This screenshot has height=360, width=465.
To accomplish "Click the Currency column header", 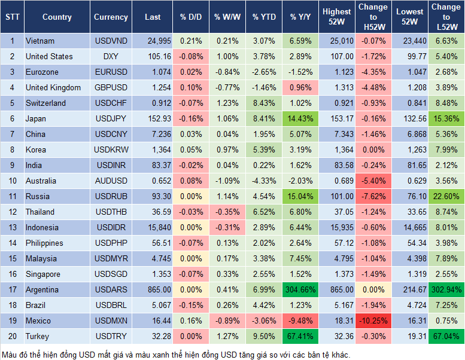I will pos(111,17).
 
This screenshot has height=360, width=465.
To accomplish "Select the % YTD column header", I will pos(264,17).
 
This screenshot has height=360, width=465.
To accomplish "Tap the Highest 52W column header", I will pos(336,17).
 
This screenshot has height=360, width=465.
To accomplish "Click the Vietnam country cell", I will pos(40,41).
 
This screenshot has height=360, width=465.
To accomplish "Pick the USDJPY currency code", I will pos(110,119).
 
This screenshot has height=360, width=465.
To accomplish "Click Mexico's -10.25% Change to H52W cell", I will pos(373,321).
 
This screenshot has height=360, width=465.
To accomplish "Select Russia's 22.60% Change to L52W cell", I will pos(445,197).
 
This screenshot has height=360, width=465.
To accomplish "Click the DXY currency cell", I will pos(110,57).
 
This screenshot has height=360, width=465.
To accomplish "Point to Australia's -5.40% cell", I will pos(373,181).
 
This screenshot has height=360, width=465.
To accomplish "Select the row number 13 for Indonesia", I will pos(12,228).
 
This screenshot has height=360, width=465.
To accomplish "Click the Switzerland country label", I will pos(45,103).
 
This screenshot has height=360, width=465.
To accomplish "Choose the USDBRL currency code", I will pos(110,306).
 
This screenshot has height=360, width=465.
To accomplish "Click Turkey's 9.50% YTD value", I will pos(264,337).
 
